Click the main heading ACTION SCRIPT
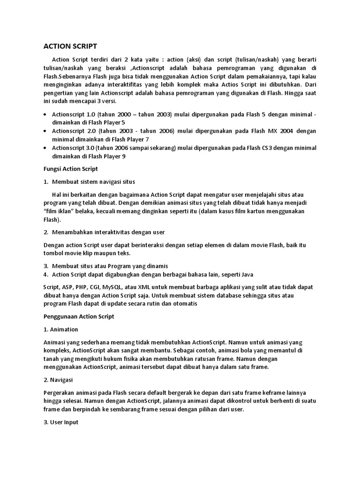[x=70, y=46]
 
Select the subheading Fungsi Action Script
[x=70, y=169]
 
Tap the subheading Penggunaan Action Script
[x=79, y=316]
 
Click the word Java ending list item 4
[x=247, y=274]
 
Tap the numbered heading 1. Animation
[x=60, y=329]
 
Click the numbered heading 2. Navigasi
[x=59, y=380]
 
